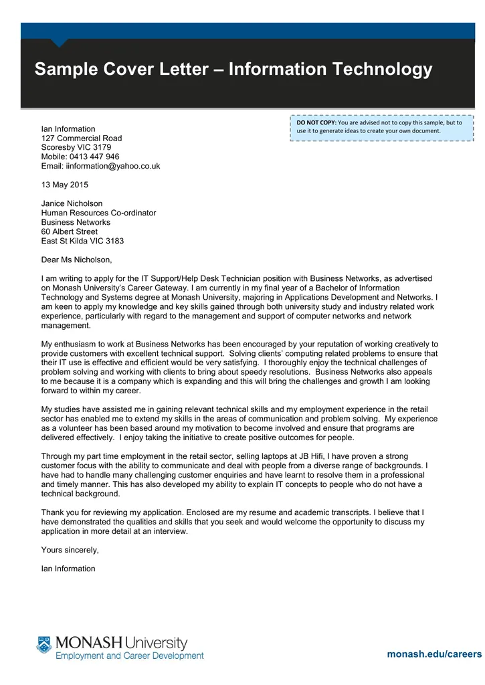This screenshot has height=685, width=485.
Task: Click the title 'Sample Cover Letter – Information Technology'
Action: click(233, 70)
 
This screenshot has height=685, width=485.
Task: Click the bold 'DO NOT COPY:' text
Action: click(316, 122)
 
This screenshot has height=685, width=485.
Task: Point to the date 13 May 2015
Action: click(64, 185)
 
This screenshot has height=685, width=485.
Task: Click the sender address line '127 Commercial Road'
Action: click(82, 138)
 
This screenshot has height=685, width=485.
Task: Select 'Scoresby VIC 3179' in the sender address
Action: click(76, 147)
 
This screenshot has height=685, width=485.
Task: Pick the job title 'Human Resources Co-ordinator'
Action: click(98, 213)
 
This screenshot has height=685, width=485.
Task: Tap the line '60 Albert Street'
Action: click(70, 231)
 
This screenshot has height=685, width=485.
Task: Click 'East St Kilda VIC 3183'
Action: click(82, 241)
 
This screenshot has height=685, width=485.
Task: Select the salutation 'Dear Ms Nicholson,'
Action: click(77, 260)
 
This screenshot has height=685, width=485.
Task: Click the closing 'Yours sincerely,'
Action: click(70, 550)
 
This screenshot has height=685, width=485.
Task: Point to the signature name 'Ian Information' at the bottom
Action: click(68, 569)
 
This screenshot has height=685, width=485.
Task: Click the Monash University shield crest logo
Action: click(44, 645)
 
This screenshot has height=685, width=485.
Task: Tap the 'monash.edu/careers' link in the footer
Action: click(434, 654)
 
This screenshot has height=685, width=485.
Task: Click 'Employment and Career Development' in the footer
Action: click(129, 656)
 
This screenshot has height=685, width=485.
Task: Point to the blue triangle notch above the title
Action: click(60, 42)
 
